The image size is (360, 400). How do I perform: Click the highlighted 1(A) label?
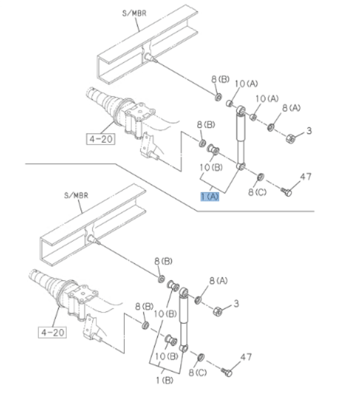pos(210,196)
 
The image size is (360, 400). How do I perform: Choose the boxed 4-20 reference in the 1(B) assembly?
pos(53,332)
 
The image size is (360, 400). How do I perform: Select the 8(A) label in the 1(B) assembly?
pos(218,281)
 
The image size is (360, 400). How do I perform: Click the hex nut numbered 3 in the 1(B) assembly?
pos(218,311)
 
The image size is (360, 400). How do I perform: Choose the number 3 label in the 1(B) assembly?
pos(236,304)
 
